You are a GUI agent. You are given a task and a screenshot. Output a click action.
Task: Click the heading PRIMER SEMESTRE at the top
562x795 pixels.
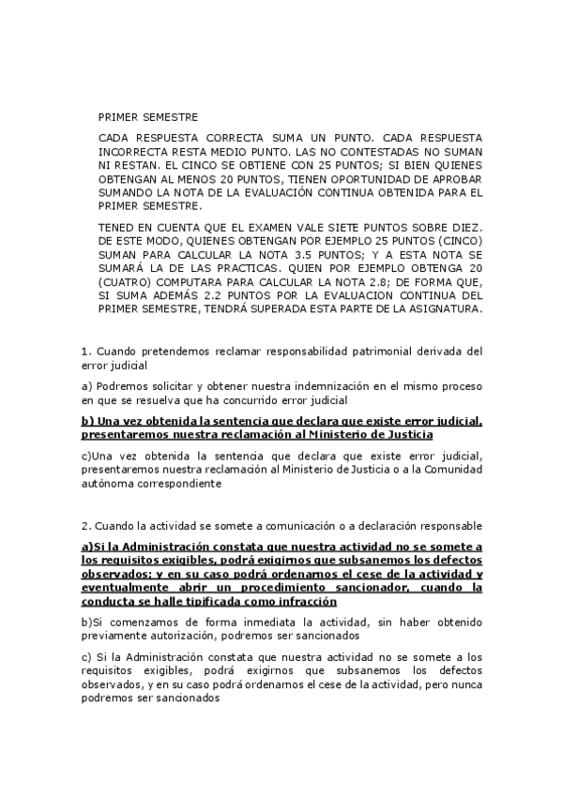coord(147,117)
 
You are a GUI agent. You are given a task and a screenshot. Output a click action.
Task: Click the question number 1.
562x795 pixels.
coord(85,352)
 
